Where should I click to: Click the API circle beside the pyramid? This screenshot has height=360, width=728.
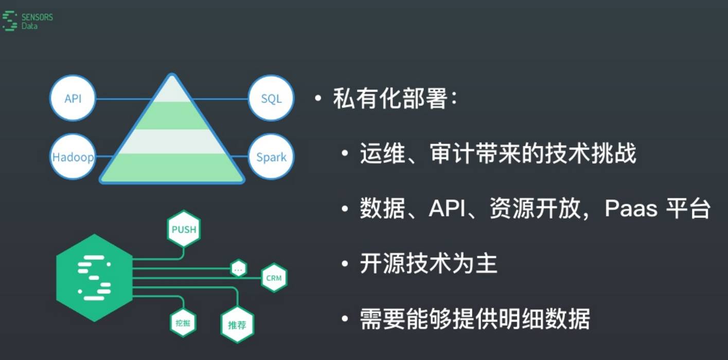click(73, 98)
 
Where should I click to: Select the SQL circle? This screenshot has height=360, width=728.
click(271, 98)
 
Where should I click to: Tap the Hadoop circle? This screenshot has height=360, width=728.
click(73, 156)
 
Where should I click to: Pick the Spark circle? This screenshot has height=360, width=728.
click(271, 156)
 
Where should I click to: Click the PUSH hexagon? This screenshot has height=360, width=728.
click(184, 229)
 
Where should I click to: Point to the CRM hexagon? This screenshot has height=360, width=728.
click(274, 278)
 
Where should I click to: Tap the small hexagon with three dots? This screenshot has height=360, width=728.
click(238, 268)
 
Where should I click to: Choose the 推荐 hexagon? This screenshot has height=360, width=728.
click(237, 325)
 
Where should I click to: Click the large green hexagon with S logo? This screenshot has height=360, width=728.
click(94, 278)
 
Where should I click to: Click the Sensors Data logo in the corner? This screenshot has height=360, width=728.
click(28, 21)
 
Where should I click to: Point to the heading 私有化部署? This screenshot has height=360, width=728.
click(389, 98)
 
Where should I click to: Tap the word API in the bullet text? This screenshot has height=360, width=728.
click(447, 209)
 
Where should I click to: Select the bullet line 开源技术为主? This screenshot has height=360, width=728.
click(428, 264)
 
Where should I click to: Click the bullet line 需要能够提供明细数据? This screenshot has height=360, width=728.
click(474, 319)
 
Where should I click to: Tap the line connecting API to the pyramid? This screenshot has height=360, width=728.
click(123, 99)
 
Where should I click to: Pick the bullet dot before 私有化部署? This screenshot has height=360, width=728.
click(318, 99)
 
